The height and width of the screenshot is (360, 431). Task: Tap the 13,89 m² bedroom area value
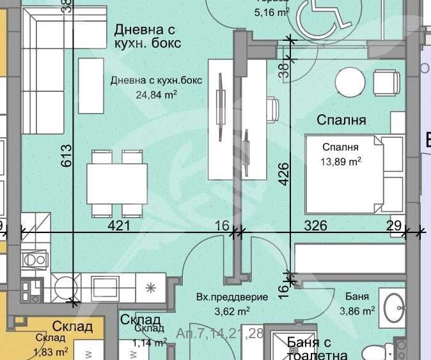tap(341, 161)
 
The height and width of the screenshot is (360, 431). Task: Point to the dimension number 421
tap(119, 225)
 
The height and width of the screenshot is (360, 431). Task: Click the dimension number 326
tap(315, 225)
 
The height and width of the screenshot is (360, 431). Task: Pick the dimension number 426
tap(285, 174)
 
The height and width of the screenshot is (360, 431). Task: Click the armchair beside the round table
tap(387, 82)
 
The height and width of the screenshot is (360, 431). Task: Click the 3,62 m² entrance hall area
tap(222, 311)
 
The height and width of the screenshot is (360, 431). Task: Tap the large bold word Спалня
tap(341, 120)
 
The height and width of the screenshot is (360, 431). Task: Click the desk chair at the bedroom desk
tap(272, 109)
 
